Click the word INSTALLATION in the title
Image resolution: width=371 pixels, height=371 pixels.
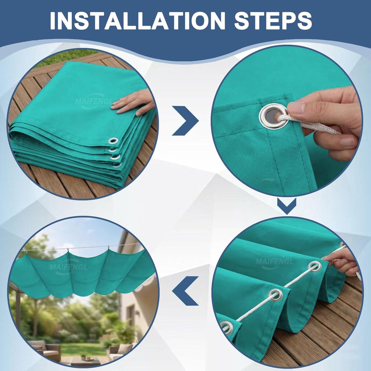(138, 20)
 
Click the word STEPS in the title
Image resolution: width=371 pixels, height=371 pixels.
(273, 20)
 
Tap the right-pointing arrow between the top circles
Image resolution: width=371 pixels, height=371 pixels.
(185, 121)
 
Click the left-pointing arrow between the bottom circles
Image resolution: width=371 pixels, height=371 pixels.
(185, 291)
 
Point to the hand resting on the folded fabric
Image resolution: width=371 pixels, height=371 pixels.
(133, 103)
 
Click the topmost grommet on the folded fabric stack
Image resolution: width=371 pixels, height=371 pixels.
(113, 141)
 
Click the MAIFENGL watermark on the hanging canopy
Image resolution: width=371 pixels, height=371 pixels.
(68, 267)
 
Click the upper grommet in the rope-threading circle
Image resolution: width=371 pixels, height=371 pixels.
(315, 267)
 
